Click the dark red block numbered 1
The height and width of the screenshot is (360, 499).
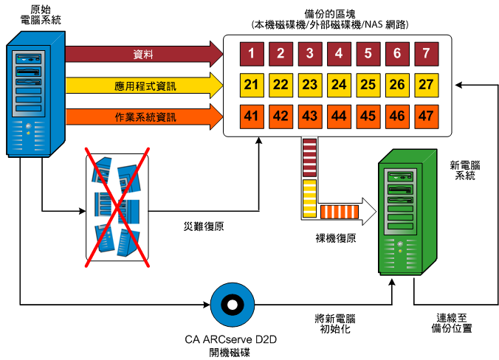pyautogui.click(x=252, y=54)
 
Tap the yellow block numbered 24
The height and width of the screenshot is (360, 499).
pyautogui.click(x=339, y=85)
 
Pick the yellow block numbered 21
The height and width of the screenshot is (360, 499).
pyautogui.click(x=252, y=85)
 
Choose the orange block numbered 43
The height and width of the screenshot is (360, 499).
pyautogui.click(x=310, y=116)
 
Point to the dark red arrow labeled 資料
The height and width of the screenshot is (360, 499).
pyautogui.click(x=144, y=55)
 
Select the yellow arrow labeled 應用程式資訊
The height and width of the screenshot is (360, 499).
pyautogui.click(x=144, y=86)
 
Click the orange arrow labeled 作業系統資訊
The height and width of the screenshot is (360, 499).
pyautogui.click(x=144, y=116)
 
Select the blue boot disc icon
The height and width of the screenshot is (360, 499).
pyautogui.click(x=230, y=304)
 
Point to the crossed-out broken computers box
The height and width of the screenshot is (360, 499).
pyautogui.click(x=117, y=206)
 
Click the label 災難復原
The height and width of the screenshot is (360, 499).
pyautogui.click(x=203, y=226)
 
